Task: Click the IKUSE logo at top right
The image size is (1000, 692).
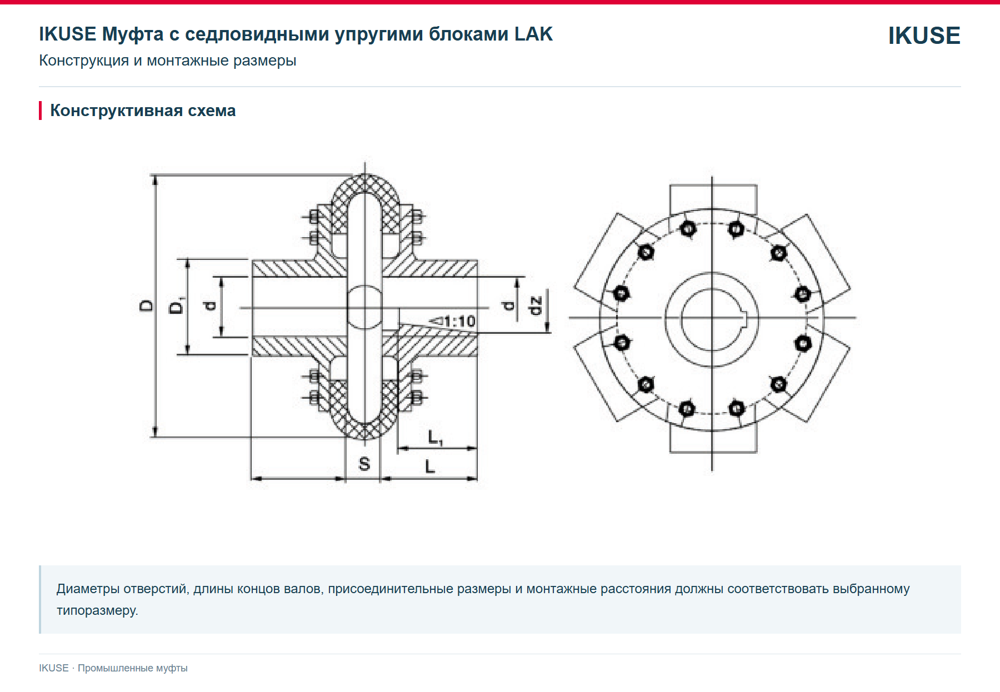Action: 924,36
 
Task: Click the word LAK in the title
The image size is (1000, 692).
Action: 533,34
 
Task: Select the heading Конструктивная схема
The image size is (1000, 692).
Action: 143,111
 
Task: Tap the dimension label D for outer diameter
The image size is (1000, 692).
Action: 146,305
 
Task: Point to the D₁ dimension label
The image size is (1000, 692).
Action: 177,305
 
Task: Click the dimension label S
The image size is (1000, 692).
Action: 364,464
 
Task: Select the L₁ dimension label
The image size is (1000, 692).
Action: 435,438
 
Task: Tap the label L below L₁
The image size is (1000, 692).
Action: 429,467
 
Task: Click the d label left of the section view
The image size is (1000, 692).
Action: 209,305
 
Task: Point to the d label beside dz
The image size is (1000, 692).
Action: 508,305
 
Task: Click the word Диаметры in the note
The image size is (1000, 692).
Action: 88,589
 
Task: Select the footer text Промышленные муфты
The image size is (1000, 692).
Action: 133,668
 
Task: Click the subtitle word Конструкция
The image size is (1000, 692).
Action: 84,61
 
